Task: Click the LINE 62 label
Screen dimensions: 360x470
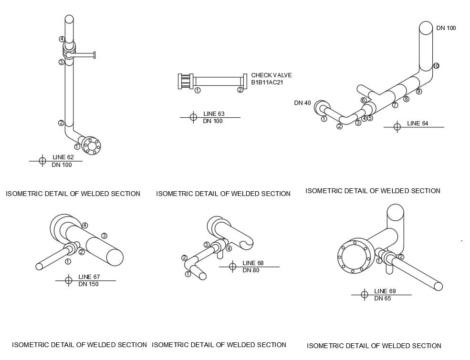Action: click(x=63, y=157)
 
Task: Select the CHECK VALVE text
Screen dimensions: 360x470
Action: click(x=271, y=75)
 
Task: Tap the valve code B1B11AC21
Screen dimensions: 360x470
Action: click(x=268, y=82)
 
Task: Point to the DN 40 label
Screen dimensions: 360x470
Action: click(x=302, y=103)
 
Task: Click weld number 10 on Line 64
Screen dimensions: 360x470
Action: click(x=436, y=66)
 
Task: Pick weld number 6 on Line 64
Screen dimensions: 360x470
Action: click(x=363, y=100)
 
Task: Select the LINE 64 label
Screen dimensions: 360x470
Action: click(x=418, y=123)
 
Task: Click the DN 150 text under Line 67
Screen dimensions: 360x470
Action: click(x=88, y=285)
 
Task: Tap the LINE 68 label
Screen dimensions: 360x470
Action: click(x=253, y=263)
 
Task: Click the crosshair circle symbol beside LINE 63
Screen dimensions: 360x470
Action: click(x=193, y=117)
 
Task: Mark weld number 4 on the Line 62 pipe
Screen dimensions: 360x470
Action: click(x=62, y=39)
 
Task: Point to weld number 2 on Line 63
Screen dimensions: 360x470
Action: click(x=240, y=90)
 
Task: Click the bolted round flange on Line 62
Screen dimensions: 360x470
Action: click(x=91, y=145)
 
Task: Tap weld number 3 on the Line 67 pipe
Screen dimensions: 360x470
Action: click(x=104, y=236)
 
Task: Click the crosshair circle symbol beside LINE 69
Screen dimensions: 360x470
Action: click(x=364, y=295)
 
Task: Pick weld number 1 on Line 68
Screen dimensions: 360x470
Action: click(x=188, y=274)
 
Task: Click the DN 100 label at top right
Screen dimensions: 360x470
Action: click(x=446, y=28)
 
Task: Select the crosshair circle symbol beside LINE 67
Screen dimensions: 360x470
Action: click(x=68, y=280)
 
